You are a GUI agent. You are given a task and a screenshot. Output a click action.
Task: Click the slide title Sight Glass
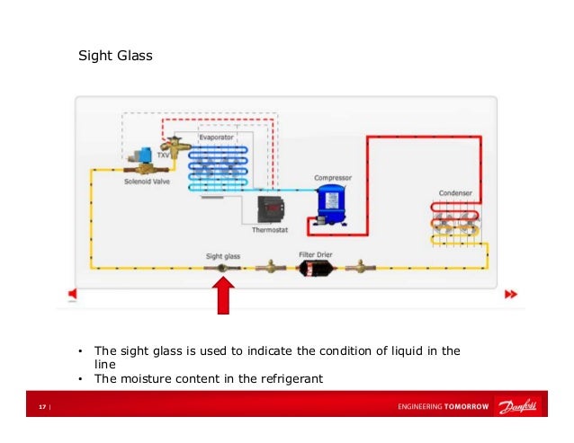tap(116, 57)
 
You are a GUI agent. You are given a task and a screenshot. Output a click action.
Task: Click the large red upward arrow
tap(224, 294)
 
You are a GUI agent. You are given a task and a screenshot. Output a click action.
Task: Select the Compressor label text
tap(332, 178)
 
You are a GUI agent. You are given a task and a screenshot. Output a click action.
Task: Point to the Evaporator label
tap(217, 137)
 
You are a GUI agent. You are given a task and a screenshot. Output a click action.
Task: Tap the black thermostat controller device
tap(269, 208)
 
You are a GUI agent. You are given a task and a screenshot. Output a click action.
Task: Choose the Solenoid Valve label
tap(145, 181)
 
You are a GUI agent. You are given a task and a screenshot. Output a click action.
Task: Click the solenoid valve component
tap(142, 162)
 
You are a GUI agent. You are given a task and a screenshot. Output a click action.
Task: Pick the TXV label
tap(163, 155)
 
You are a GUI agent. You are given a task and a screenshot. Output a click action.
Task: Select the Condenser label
tap(455, 193)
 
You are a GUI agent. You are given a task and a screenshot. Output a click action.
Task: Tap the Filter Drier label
tap(316, 254)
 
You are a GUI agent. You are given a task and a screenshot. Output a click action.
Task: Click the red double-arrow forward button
tap(511, 294)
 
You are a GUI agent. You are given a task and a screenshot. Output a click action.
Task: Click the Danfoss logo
tap(521, 407)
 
